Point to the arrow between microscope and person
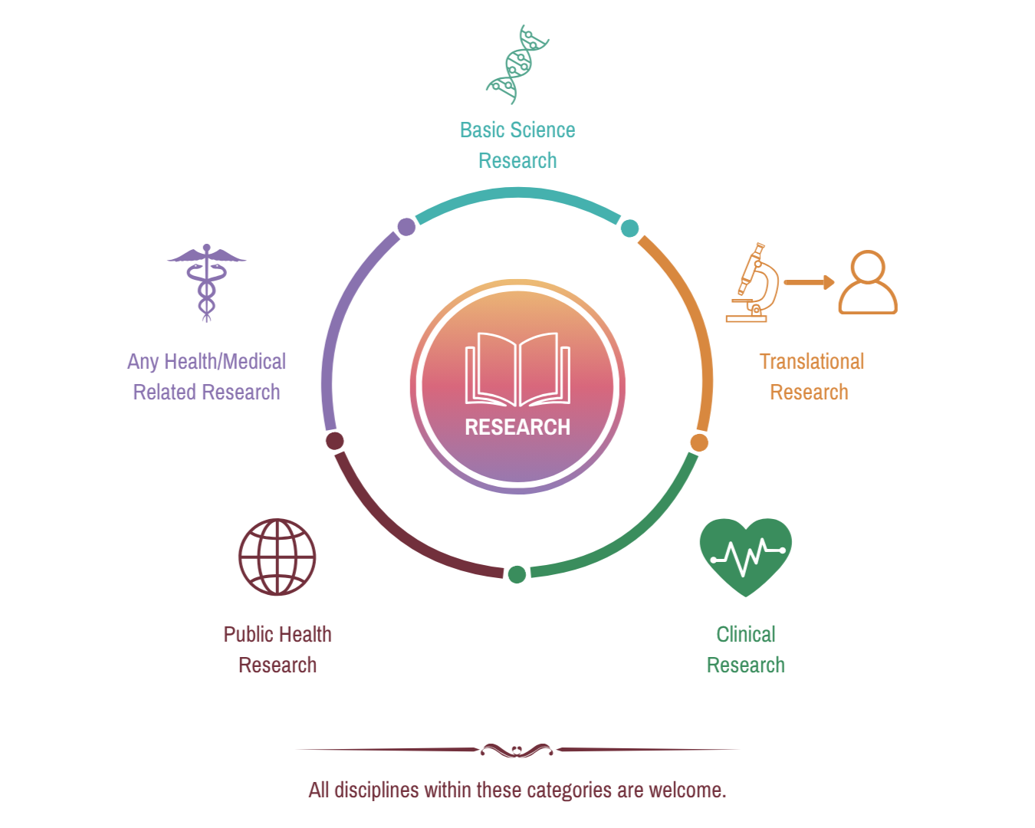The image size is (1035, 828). (809, 282)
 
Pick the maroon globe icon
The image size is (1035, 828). (277, 557)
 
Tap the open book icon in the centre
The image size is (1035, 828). (517, 369)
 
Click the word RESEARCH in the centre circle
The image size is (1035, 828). (517, 427)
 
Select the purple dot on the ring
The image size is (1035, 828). (407, 227)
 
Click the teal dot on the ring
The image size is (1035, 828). (629, 228)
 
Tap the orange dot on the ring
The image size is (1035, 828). (699, 442)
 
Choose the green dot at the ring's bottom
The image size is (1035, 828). (517, 573)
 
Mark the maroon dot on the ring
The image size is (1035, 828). (334, 441)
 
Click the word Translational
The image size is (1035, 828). (811, 361)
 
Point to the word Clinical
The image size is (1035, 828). (745, 634)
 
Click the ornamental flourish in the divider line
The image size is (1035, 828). (517, 750)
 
